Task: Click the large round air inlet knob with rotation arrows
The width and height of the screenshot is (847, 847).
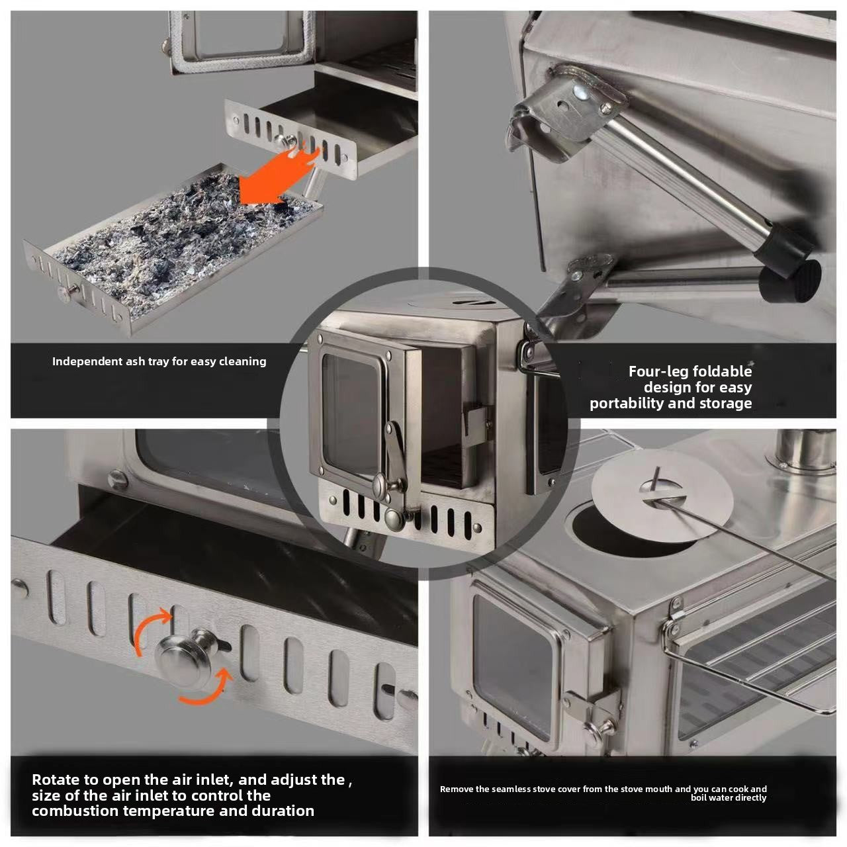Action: click(x=184, y=659)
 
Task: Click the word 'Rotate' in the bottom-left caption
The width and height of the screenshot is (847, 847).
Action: click(x=56, y=780)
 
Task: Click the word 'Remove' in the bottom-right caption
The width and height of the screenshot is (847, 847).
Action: click(x=457, y=789)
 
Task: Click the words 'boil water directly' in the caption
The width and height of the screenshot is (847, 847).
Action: click(x=728, y=798)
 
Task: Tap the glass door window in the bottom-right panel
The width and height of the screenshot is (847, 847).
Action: click(x=513, y=662)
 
